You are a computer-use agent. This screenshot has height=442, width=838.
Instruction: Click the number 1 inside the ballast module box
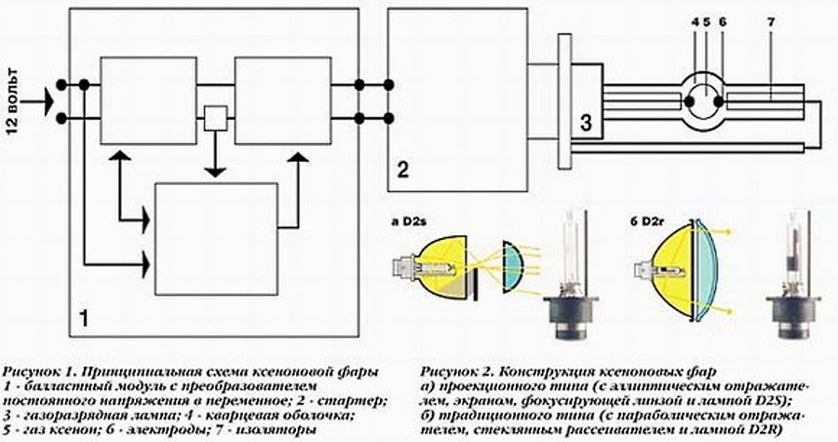click(x=84, y=318)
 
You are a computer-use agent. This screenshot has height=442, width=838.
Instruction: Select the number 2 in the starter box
click(x=401, y=169)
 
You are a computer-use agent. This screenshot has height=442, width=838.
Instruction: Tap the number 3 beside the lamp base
click(x=585, y=121)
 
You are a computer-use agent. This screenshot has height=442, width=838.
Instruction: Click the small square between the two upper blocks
click(x=215, y=117)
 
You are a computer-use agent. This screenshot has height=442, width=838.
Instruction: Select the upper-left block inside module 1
click(x=148, y=100)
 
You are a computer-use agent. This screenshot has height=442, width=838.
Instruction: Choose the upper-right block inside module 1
click(x=282, y=100)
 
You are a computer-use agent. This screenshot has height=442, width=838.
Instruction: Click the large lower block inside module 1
click(x=215, y=238)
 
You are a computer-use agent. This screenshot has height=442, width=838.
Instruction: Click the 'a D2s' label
click(x=410, y=222)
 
